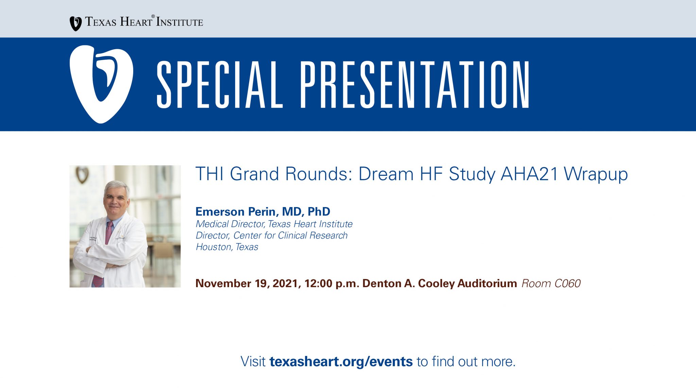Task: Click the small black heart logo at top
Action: [75, 24]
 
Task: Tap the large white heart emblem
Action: [101, 84]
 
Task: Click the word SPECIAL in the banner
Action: [220, 85]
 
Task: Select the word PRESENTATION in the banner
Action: [415, 85]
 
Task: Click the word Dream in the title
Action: [386, 174]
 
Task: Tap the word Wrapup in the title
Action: [596, 174]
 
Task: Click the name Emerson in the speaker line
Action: [220, 211]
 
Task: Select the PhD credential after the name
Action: [319, 211]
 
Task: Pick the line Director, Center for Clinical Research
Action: [272, 235]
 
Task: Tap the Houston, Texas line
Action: [227, 247]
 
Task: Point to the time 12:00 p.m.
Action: [332, 283]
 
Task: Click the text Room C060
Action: [551, 283]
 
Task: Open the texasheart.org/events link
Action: [341, 361]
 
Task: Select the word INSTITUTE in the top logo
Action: [179, 22]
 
